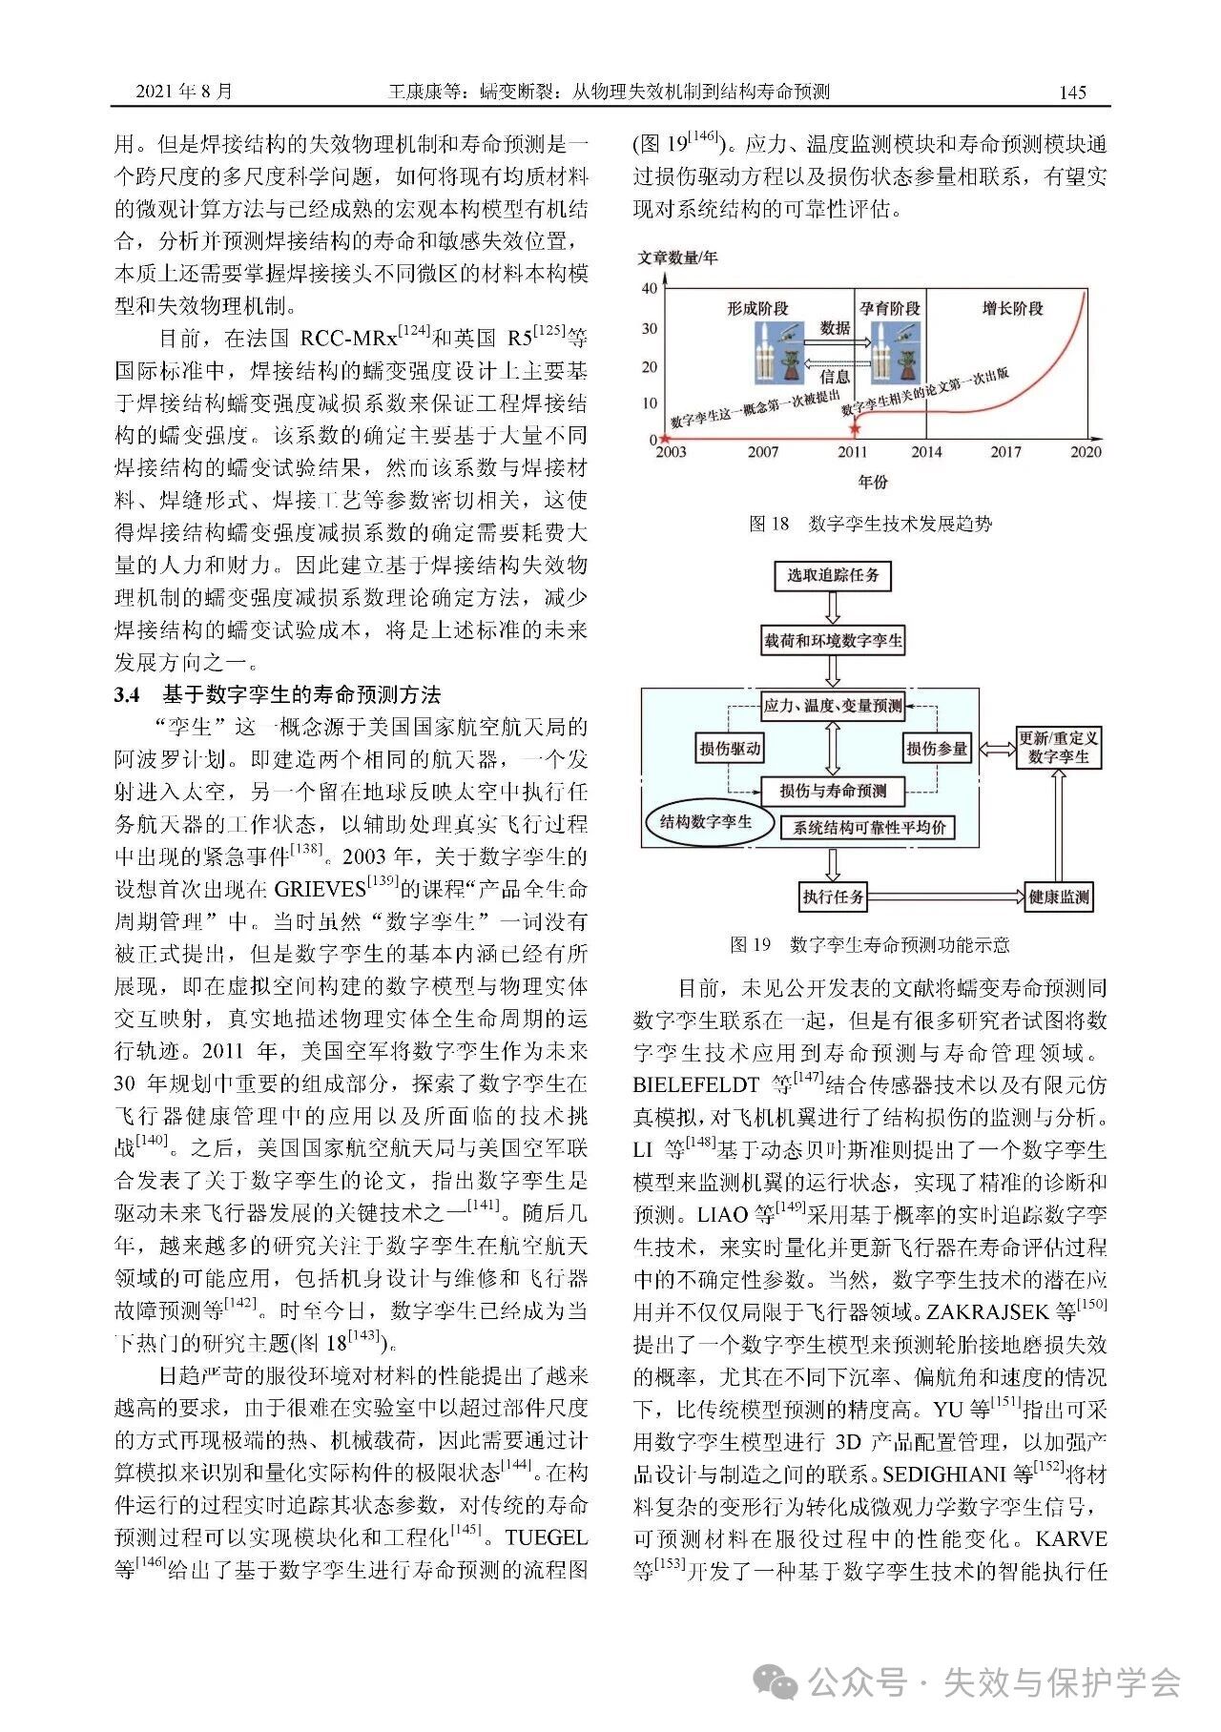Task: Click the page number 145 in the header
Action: click(x=1072, y=92)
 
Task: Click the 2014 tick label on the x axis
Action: click(x=925, y=452)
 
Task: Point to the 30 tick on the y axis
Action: click(x=649, y=329)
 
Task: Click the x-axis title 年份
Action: click(x=872, y=482)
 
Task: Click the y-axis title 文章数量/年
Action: click(x=677, y=258)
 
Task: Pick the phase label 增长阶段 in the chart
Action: click(x=1012, y=308)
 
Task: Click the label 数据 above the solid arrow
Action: click(x=835, y=327)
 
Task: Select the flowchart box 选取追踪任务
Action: click(x=833, y=575)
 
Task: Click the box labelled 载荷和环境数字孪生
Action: click(x=833, y=641)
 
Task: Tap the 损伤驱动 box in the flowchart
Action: click(x=730, y=749)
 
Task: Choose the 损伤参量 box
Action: click(x=936, y=749)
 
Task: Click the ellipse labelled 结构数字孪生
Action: click(x=706, y=821)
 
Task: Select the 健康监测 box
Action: click(x=1058, y=897)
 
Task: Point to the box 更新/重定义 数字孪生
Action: click(x=1058, y=747)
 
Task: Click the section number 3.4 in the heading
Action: click(x=127, y=694)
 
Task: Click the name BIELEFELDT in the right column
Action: click(x=695, y=1085)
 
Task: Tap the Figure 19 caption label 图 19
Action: click(x=750, y=944)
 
